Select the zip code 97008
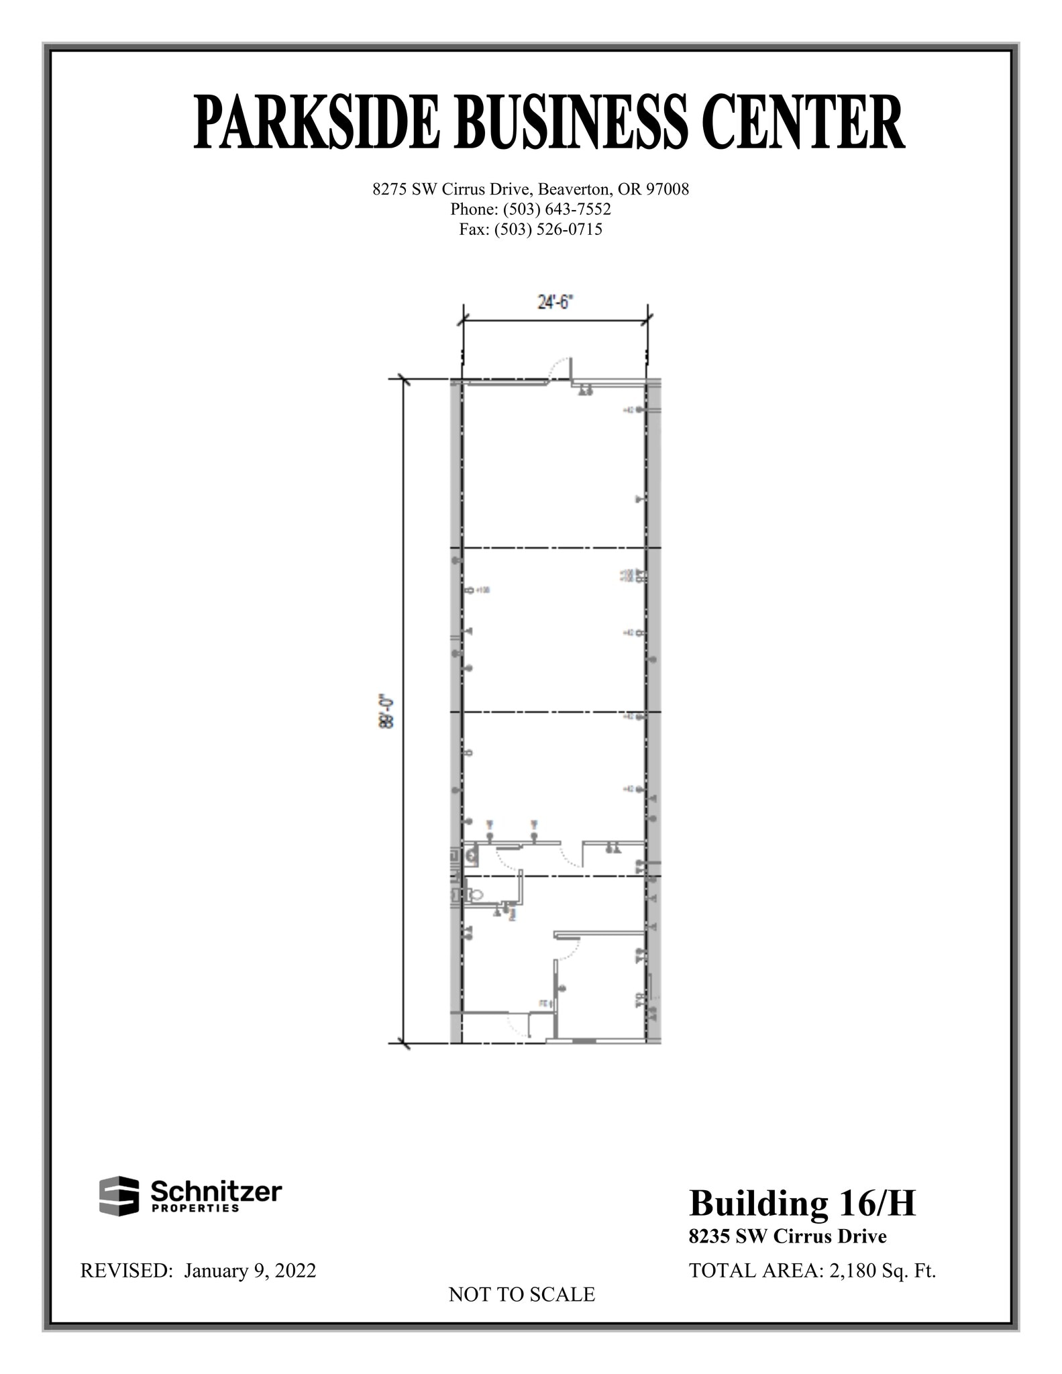[x=667, y=189]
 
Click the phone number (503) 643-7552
[x=557, y=209]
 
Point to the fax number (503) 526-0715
[x=548, y=229]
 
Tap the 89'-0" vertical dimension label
[x=387, y=712]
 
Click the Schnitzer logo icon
[x=119, y=1195]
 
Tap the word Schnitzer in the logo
[x=216, y=1192]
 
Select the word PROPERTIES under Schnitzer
[x=196, y=1208]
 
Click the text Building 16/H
[x=802, y=1203]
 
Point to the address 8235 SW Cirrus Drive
[x=788, y=1236]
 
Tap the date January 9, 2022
[x=250, y=1271]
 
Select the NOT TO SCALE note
[x=521, y=1295]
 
